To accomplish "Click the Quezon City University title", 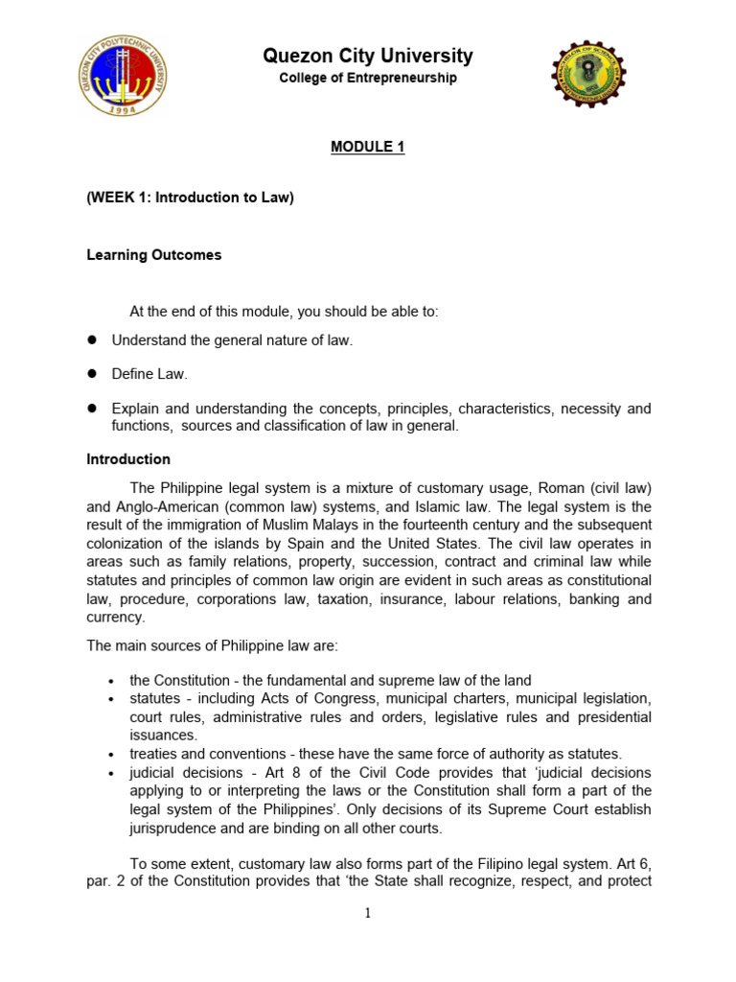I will click(368, 57).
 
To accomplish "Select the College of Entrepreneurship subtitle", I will click(368, 79).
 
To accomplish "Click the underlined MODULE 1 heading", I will click(368, 147).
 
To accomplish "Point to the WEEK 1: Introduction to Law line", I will click(191, 198).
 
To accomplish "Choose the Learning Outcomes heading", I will click(154, 255).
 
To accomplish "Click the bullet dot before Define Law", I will click(94, 374).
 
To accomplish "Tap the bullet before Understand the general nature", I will click(94, 339).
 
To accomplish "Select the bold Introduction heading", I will click(128, 459).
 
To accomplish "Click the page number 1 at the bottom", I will click(368, 914).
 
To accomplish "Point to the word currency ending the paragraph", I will click(116, 618).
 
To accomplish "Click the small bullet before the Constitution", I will click(112, 681).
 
